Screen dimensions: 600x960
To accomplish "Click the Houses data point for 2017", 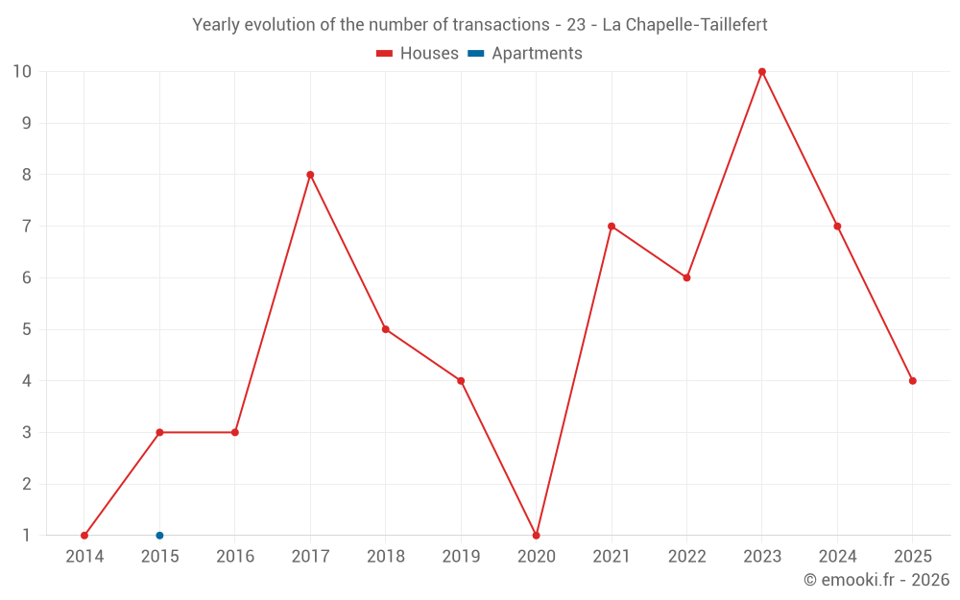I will point(310,175).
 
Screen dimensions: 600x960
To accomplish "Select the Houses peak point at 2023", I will point(762,72).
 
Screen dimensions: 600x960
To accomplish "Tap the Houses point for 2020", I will point(536,535).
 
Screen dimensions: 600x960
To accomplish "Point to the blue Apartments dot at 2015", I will point(159,535).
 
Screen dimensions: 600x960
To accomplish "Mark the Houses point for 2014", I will point(84,535).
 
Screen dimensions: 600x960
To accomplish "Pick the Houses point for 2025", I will point(912,381).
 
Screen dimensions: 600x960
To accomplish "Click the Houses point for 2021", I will point(612,227).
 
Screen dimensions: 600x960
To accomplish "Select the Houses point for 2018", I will point(385,329).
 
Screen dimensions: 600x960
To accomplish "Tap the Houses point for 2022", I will point(686,277).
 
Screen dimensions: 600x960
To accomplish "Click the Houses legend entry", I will point(418,54).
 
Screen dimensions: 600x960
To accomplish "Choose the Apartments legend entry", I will point(525,54).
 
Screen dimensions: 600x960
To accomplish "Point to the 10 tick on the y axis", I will point(22,72).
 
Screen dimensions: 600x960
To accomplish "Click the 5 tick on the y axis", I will point(26,329).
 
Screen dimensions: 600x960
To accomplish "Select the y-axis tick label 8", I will point(26,175).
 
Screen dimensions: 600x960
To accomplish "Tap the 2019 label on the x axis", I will point(461,556).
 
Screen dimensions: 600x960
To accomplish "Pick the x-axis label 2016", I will point(235,556).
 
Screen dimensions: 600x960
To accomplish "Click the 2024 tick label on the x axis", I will point(837,556).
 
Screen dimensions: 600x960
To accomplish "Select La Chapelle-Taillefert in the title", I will point(684,25).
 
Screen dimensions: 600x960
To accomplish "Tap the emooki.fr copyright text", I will point(876,580).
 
